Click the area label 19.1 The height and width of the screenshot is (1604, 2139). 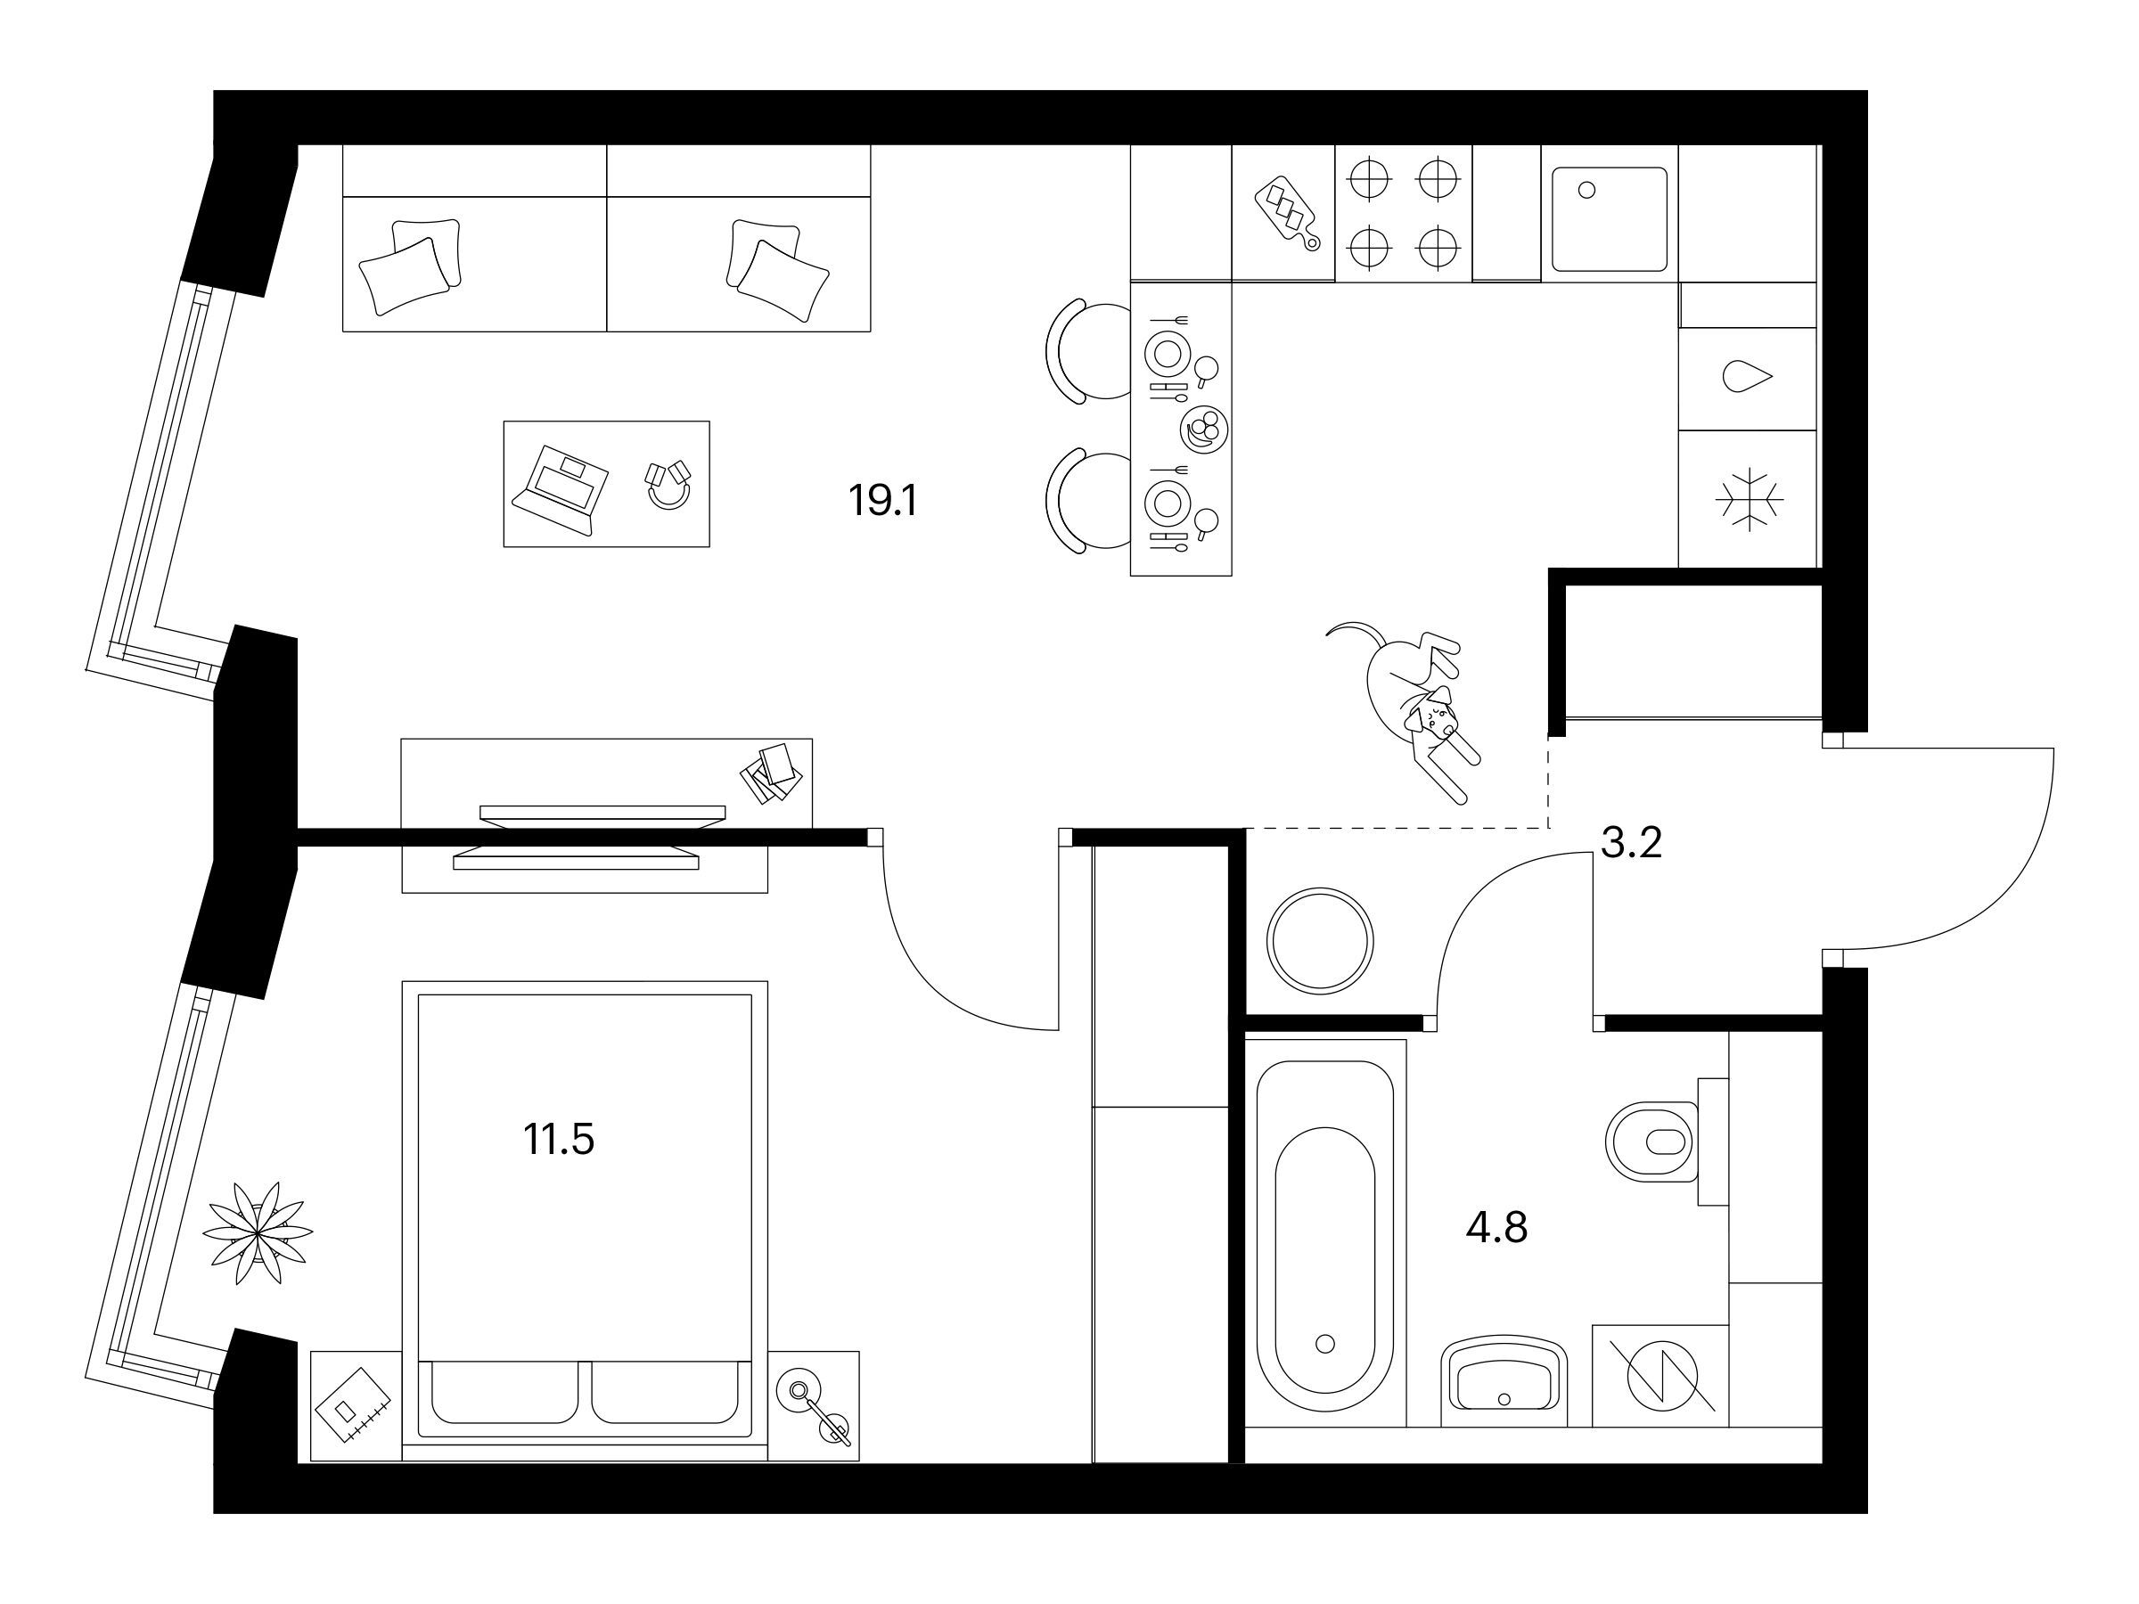[882, 501]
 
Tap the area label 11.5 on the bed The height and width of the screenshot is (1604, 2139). [559, 1139]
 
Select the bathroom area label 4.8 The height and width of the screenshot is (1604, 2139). [1497, 1229]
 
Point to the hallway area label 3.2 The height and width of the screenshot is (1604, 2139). [1631, 843]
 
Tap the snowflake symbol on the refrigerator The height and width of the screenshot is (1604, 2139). [1750, 500]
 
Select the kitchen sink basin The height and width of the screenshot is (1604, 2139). [1610, 218]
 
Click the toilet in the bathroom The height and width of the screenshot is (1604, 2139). [1651, 1142]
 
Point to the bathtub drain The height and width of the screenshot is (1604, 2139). [1324, 1343]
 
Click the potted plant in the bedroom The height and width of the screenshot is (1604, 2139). [258, 1232]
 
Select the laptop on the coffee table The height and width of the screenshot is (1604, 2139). [560, 488]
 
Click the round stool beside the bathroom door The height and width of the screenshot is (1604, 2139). [1320, 941]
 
